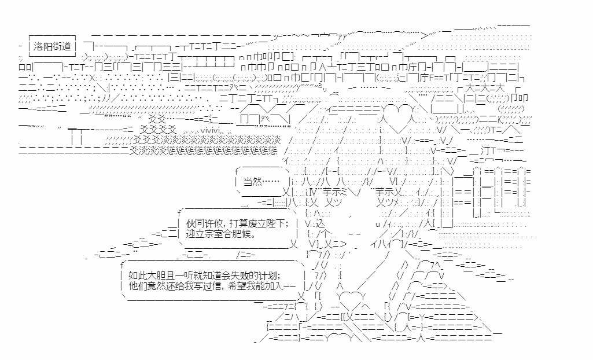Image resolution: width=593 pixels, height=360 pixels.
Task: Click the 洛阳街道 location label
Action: [52, 46]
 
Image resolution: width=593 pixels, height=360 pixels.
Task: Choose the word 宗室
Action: [215, 236]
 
